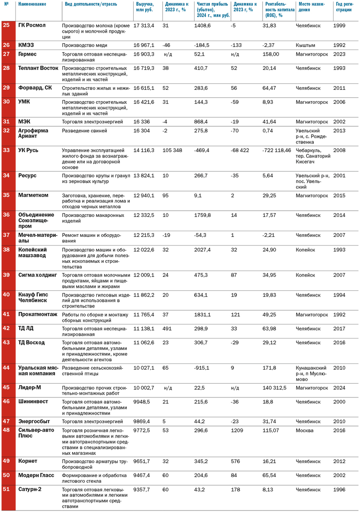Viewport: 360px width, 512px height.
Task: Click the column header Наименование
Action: (32, 4)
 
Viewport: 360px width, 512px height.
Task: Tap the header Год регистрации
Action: (344, 7)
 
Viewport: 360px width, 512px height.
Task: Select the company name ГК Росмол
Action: (32, 25)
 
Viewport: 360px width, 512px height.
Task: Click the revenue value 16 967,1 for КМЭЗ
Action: (144, 45)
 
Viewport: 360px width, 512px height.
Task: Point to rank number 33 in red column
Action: (6, 150)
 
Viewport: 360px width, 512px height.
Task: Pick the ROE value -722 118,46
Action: (276, 150)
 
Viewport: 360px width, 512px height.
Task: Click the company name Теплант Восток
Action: (38, 68)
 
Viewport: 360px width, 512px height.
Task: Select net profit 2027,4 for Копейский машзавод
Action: (202, 250)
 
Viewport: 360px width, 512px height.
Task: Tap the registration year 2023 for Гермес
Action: (339, 54)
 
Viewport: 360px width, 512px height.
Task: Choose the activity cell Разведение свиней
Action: (85, 131)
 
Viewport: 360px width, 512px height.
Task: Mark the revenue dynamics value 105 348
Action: (172, 150)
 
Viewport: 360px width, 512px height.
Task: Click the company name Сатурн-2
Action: (30, 489)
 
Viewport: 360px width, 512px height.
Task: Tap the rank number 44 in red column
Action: (6, 368)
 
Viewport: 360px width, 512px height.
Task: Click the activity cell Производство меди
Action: (85, 45)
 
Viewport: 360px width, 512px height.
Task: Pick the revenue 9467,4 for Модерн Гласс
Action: (141, 476)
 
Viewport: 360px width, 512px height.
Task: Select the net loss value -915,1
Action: (202, 368)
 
